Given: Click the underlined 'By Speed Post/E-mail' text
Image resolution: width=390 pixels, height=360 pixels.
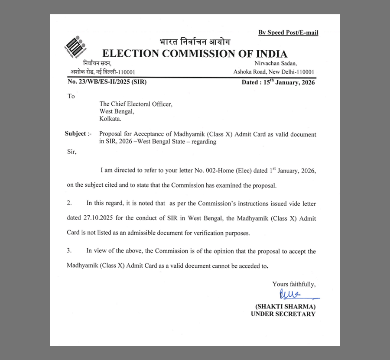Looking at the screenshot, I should point(288,32).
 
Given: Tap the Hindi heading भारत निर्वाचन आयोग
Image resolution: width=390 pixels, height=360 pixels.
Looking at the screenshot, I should point(195,42).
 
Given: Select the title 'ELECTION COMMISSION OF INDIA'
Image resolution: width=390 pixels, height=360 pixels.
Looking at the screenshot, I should point(195,54).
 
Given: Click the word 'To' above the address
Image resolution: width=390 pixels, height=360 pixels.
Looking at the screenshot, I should point(71,96).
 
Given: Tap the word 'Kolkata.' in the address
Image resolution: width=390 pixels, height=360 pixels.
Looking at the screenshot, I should point(110,119).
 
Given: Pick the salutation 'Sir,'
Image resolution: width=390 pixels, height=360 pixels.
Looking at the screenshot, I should point(71,152).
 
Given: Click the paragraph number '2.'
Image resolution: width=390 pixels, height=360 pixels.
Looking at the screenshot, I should point(69,203).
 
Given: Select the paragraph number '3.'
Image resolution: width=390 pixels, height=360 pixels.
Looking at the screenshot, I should point(69,251).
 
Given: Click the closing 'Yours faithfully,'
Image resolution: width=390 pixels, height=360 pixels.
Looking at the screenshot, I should point(294,284).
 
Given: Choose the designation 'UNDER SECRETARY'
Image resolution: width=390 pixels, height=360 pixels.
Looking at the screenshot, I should point(283,314).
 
